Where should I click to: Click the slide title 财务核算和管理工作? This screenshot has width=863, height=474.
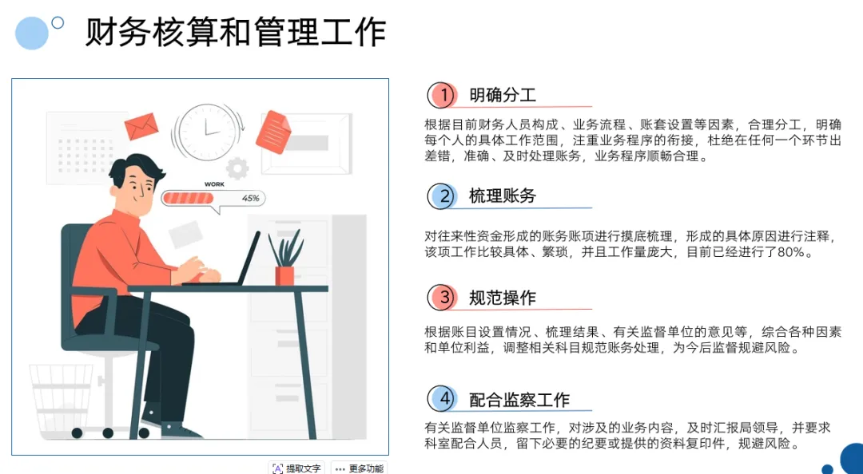coord(236,33)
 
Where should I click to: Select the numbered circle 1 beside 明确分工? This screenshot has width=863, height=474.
coord(442,96)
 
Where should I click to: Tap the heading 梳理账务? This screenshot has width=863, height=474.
coord(503,196)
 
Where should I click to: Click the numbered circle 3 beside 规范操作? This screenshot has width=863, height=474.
coord(442,298)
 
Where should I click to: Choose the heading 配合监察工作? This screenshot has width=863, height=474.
coord(519,399)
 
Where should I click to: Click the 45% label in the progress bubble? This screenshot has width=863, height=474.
coord(250,198)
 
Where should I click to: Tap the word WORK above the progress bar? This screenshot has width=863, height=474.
coord(214,184)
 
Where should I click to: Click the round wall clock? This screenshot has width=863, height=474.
coord(207,131)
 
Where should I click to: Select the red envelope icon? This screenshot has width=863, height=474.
coord(141,126)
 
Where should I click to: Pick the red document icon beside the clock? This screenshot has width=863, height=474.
coord(273,132)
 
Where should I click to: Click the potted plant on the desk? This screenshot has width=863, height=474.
coord(285,257)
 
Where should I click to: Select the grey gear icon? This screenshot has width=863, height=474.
coord(237,168)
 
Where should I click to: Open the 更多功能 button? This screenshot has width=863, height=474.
coord(359,468)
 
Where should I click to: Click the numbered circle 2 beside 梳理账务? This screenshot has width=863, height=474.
coord(442,196)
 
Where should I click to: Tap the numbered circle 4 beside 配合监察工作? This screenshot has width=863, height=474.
coord(442,399)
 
